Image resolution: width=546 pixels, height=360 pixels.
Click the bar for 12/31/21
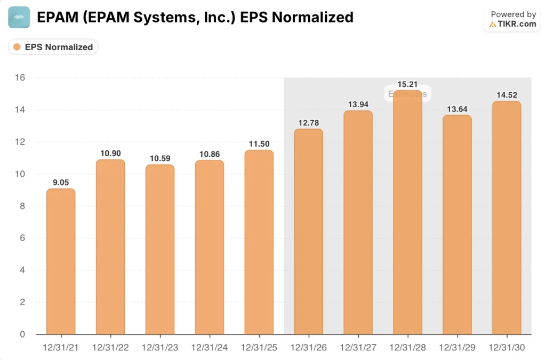(61, 261)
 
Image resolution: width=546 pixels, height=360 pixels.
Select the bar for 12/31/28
(408, 213)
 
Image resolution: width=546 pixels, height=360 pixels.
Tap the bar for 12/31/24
(210, 247)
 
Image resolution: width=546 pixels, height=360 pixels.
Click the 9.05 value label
(61, 182)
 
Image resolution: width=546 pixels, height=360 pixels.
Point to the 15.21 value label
(407, 84)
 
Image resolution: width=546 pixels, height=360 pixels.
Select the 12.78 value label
(309, 122)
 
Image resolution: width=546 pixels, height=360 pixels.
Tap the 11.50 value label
(259, 143)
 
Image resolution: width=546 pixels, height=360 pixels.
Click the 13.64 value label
(457, 109)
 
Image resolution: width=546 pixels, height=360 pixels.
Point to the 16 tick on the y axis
(21, 78)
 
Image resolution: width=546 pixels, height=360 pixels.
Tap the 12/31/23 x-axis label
(160, 347)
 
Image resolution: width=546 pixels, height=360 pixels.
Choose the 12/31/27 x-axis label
(358, 347)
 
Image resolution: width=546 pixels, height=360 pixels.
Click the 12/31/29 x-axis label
(457, 347)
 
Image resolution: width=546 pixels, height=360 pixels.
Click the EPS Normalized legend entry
(53, 47)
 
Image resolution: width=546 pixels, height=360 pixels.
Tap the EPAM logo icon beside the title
(19, 18)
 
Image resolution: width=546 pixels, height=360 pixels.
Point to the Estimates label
(407, 94)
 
